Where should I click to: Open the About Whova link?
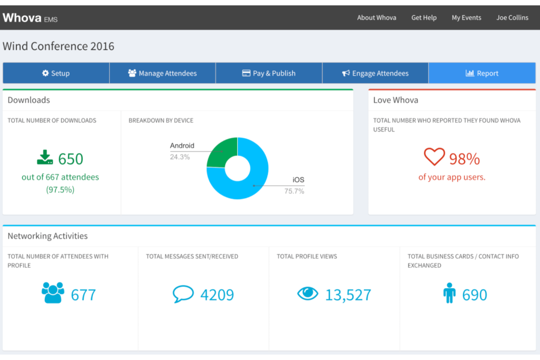point(376,18)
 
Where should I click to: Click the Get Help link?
point(424,18)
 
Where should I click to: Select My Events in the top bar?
point(466,18)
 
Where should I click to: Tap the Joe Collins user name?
point(512,18)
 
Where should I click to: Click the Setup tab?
point(56,73)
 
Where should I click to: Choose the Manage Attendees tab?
point(162,73)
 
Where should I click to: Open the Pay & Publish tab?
point(269,73)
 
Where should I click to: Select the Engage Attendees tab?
point(375,73)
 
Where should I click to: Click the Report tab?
point(482,73)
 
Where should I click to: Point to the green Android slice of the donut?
point(221,152)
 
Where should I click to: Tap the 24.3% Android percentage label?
point(180,157)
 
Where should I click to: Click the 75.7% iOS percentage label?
point(294,191)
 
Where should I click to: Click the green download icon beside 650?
point(45,158)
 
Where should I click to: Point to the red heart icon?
point(434,157)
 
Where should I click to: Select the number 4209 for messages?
point(217,295)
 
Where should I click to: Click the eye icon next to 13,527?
point(308,293)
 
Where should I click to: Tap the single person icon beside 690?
point(449,293)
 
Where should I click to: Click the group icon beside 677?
point(53,293)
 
